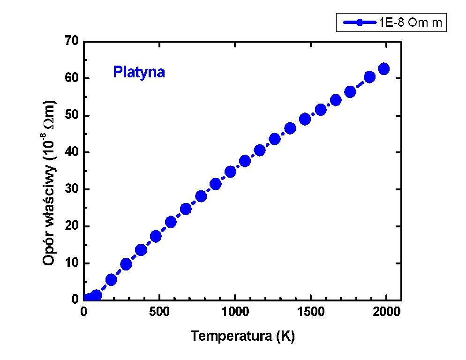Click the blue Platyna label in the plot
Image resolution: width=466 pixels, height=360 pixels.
139,73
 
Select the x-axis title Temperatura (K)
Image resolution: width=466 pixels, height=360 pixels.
242,336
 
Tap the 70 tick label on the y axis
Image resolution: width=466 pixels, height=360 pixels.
72,41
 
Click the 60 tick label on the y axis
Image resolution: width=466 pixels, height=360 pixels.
72,78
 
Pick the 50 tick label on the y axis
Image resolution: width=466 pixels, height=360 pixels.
72,115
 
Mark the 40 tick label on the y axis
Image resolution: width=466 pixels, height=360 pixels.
72,152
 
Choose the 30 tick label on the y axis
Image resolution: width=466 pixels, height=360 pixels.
72,189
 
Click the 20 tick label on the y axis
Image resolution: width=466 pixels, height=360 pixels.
72,226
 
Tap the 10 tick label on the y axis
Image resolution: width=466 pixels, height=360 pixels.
72,263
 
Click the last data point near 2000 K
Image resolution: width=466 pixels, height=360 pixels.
383,69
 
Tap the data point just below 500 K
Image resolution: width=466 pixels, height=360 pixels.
156,236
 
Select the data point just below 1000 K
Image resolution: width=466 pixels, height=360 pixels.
230,172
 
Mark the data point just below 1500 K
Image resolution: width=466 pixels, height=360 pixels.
305,119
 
